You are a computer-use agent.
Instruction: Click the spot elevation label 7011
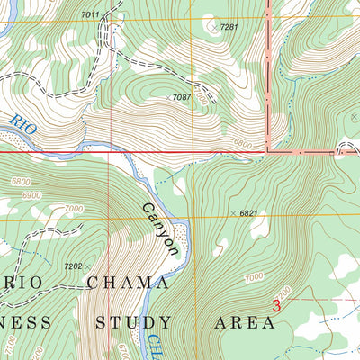click(x=90, y=15)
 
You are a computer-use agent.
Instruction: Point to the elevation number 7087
click(x=183, y=97)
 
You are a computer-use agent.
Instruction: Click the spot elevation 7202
click(x=73, y=266)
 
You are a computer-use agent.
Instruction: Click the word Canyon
click(x=158, y=229)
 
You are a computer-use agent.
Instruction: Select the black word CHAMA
click(x=128, y=283)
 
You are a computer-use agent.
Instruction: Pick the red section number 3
click(x=276, y=307)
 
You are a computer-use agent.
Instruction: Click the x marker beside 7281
click(x=213, y=28)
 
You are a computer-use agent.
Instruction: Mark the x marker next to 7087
click(x=166, y=97)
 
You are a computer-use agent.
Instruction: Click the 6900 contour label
click(x=33, y=195)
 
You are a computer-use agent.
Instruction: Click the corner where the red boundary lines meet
click(x=267, y=152)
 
